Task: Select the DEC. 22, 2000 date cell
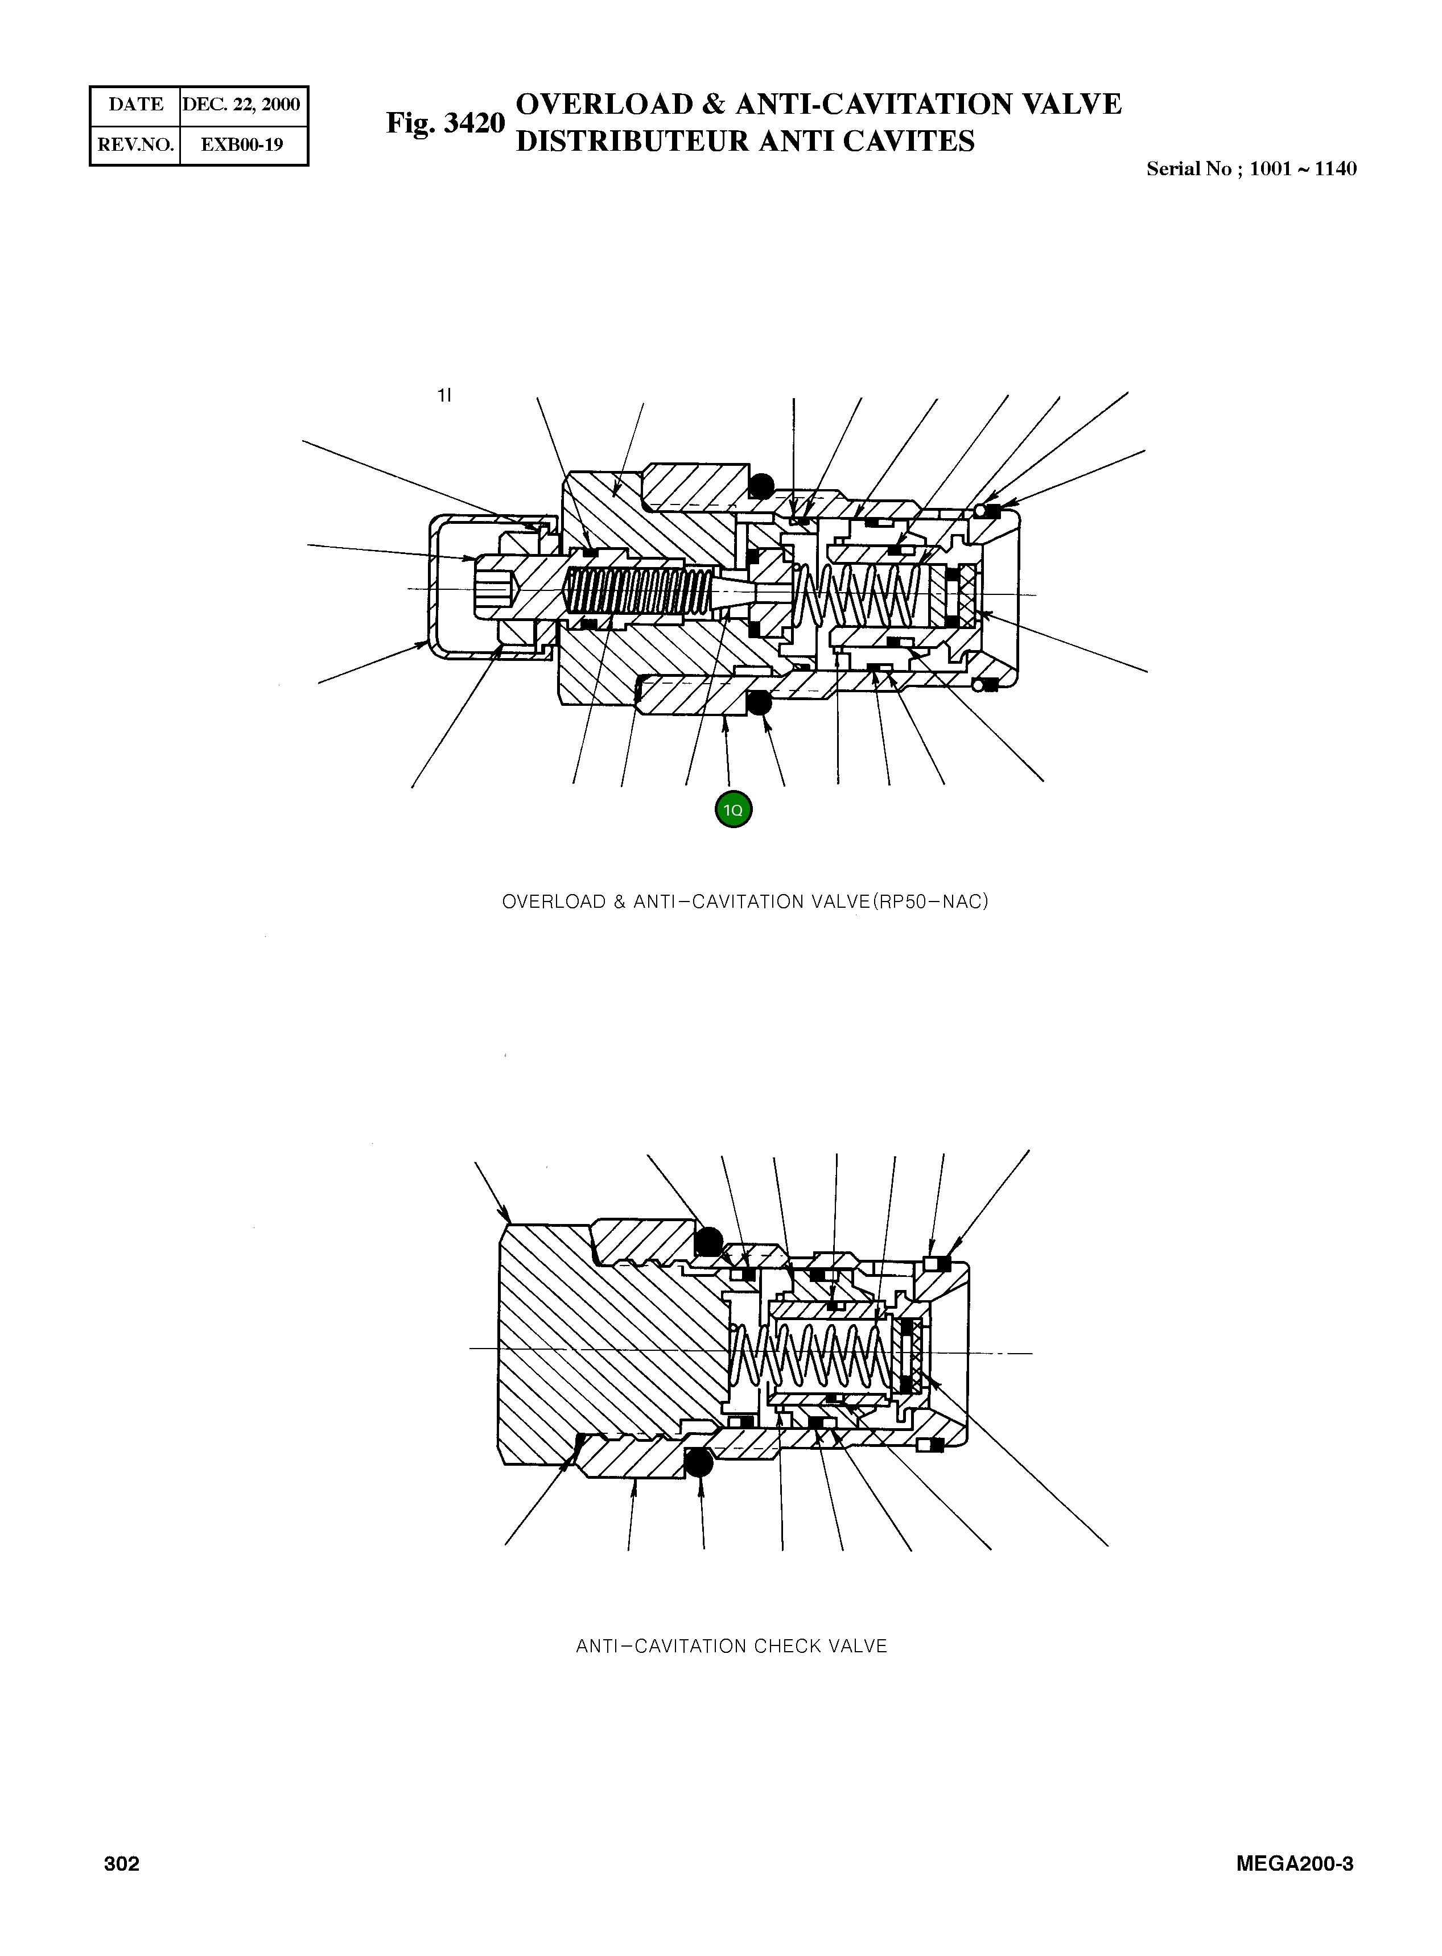coord(242,105)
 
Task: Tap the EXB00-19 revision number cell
coord(242,145)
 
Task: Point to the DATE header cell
coord(135,105)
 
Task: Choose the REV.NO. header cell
coord(135,145)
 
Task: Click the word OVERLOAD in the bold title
coord(604,104)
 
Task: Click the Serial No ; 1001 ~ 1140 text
coord(1251,169)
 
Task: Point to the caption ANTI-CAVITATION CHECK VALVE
coord(731,1646)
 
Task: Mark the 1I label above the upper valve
coord(444,395)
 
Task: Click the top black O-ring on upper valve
coord(761,486)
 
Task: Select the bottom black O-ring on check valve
coord(698,1462)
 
